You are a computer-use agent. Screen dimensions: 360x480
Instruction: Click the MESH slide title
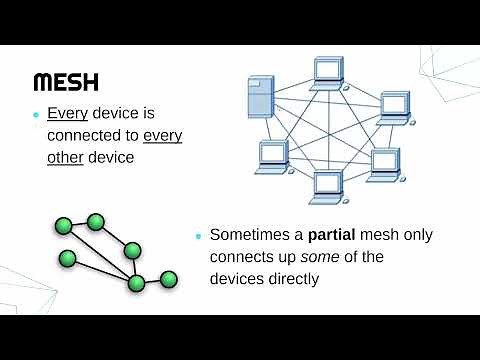66,81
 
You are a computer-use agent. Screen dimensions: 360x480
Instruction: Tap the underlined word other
64,158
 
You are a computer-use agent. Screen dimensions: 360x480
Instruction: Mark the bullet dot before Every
35,114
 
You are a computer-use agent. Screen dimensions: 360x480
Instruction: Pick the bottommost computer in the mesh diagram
327,185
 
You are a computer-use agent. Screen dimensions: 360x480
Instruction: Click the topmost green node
96,221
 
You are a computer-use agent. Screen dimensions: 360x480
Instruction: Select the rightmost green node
168,278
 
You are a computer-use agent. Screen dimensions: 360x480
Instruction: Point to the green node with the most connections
137,282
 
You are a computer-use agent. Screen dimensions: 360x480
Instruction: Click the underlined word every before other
163,135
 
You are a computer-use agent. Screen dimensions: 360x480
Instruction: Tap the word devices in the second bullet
237,279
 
